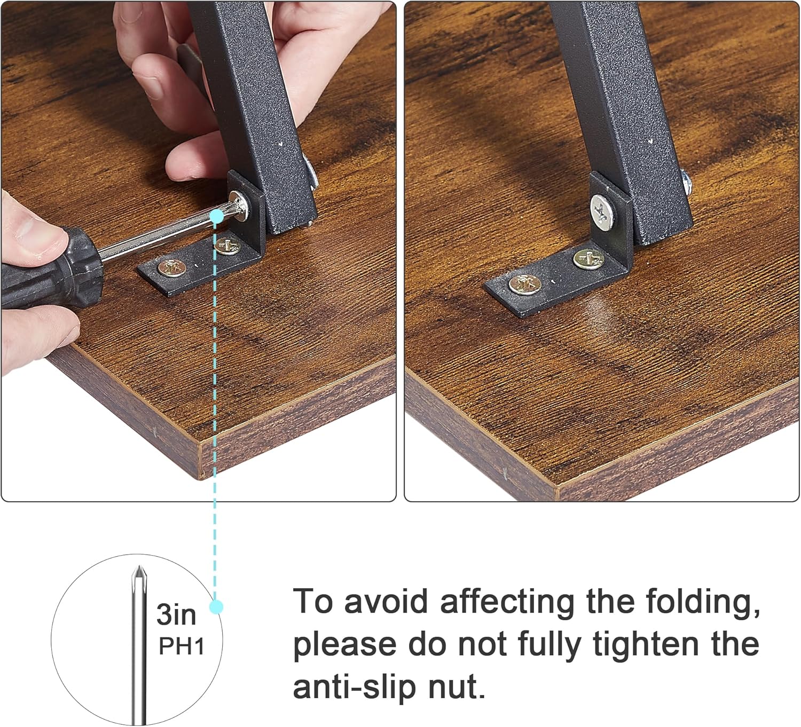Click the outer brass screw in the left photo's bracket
(172, 267)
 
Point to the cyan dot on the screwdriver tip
(217, 216)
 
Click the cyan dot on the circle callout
(216, 607)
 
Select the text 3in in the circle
(176, 615)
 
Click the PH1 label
(182, 646)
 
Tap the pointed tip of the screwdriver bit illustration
(139, 569)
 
